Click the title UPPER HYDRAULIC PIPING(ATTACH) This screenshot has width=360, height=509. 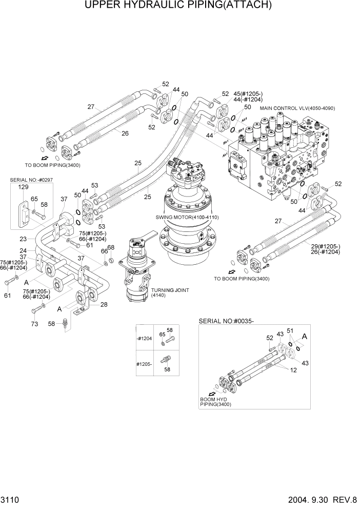(x=179, y=6)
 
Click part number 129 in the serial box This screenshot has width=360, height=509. (x=23, y=188)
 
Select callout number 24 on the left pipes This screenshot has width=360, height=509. (x=23, y=251)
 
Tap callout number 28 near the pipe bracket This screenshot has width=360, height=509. (x=104, y=305)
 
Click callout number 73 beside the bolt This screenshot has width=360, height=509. (x=34, y=324)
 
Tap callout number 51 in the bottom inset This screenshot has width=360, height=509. (x=289, y=330)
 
